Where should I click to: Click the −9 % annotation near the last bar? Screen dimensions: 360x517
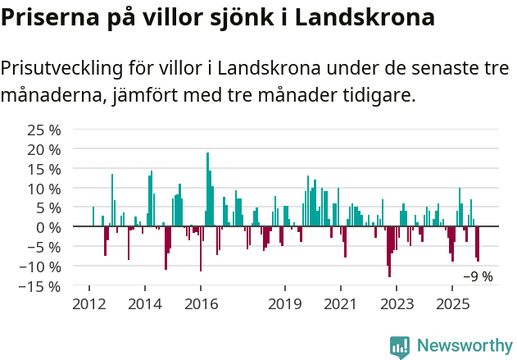[478, 277]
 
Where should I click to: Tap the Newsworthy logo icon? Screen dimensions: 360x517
[400, 346]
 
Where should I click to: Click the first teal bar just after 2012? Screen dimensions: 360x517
[93, 216]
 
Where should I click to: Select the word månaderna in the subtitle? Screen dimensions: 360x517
[51, 95]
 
